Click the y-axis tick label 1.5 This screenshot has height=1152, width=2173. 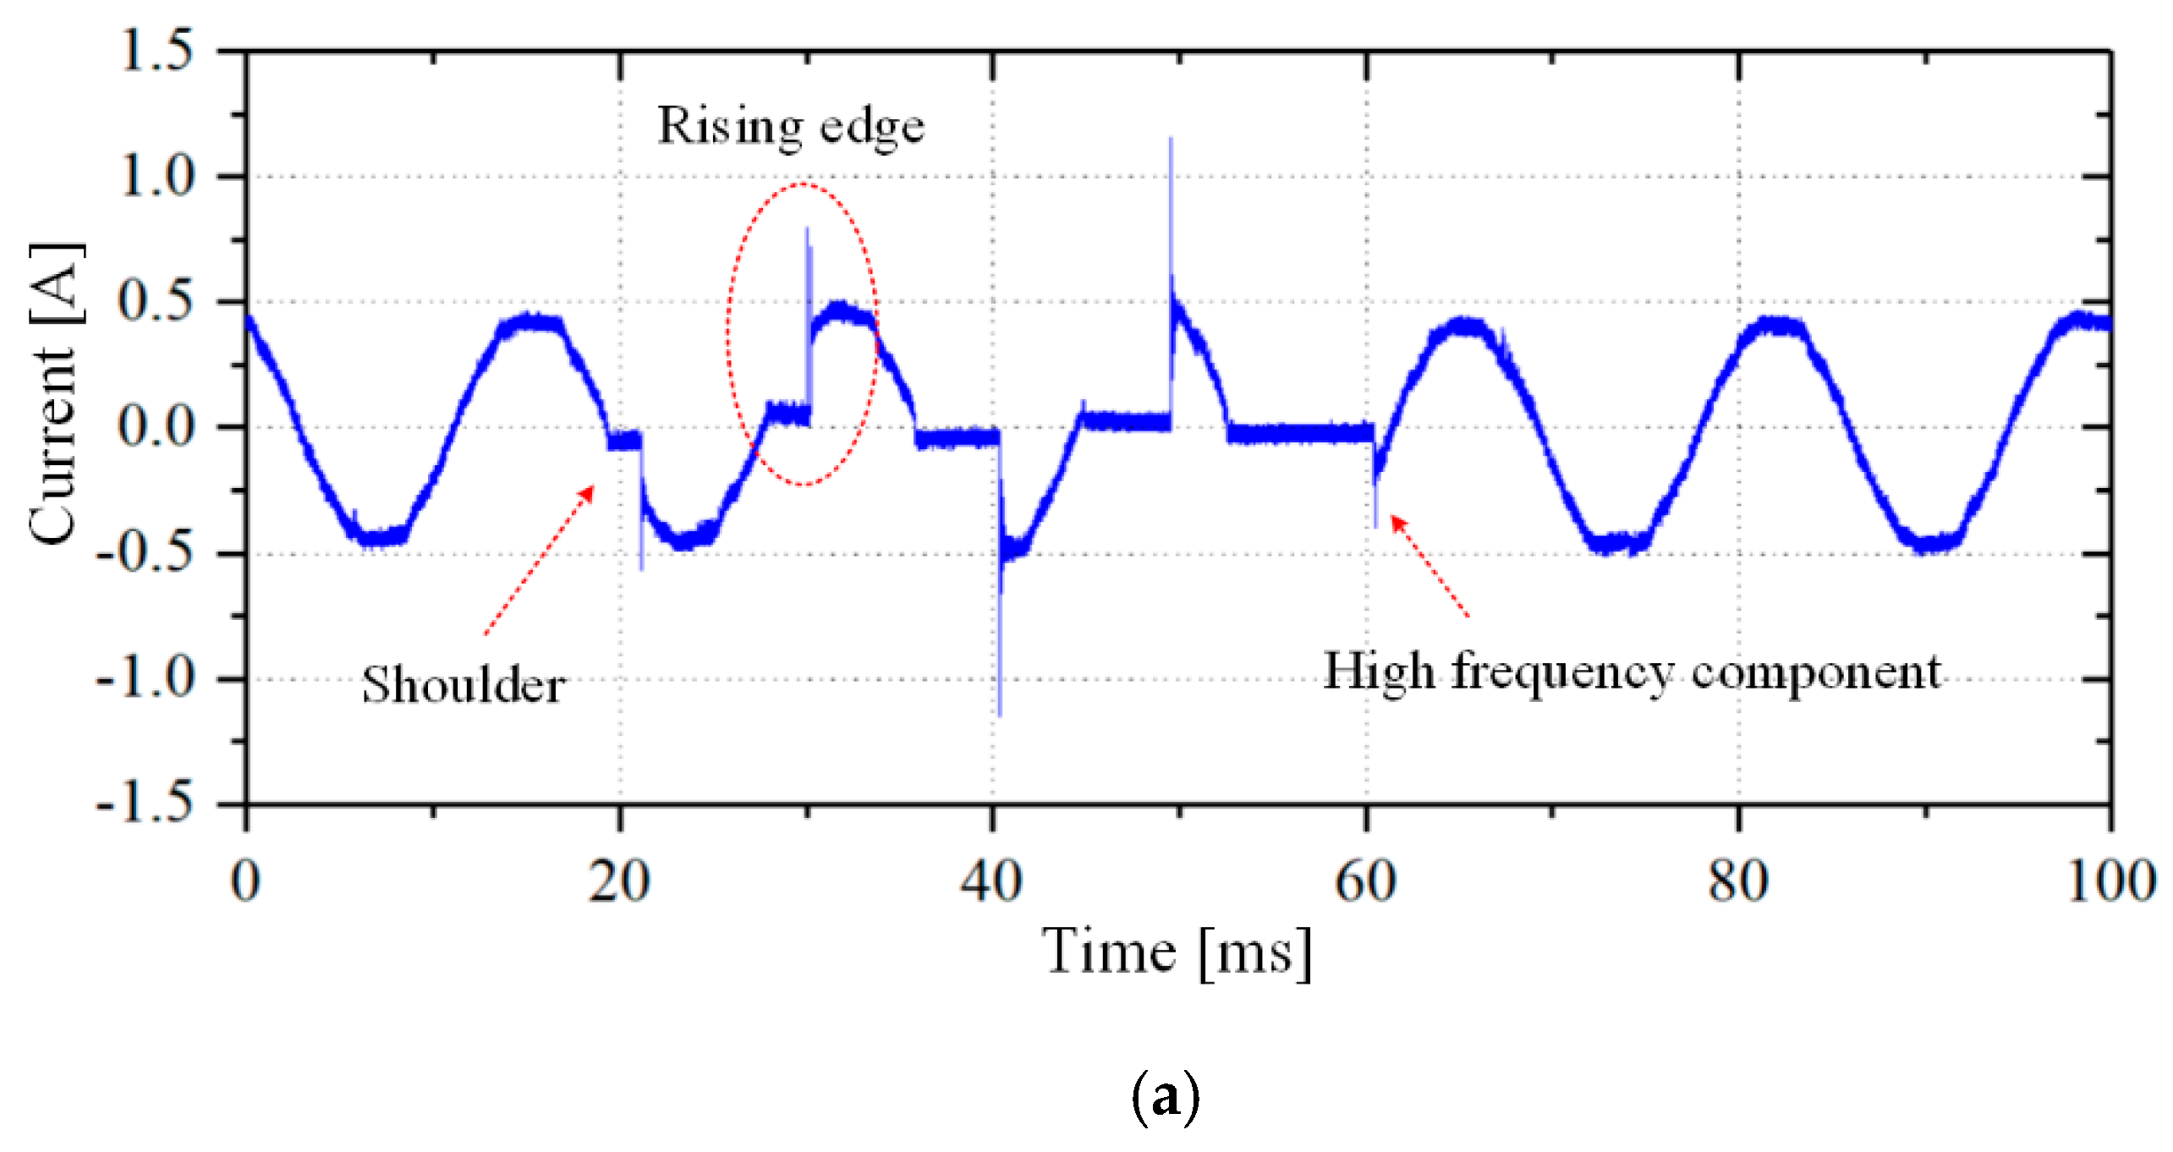pos(157,50)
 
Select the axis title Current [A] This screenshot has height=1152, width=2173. pos(56,393)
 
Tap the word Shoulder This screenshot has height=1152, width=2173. pos(464,684)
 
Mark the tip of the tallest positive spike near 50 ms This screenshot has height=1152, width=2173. pos(1171,139)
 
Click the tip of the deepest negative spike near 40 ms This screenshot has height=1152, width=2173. pos(1000,715)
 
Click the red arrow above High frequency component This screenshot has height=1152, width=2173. pos(1429,565)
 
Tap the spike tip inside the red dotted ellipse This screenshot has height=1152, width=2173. pos(807,228)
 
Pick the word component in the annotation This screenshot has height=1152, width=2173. pos(1816,673)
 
